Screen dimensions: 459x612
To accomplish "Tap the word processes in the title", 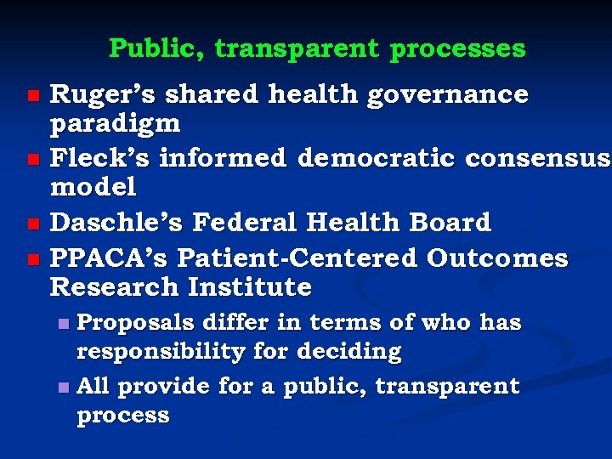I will pyautogui.click(x=457, y=48).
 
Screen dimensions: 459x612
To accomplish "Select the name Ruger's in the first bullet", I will pyautogui.click(x=101, y=94).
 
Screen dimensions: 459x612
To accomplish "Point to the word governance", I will pyautogui.click(x=447, y=94).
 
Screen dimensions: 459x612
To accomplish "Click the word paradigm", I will pyautogui.click(x=116, y=124).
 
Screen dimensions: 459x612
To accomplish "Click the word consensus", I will pyautogui.click(x=536, y=157).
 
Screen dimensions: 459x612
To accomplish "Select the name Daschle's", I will pyautogui.click(x=117, y=222).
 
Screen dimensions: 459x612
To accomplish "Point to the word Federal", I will pyautogui.click(x=246, y=222).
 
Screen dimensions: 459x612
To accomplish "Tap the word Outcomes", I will pyautogui.click(x=496, y=258).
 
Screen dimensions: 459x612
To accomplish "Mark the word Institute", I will pyautogui.click(x=249, y=287).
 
